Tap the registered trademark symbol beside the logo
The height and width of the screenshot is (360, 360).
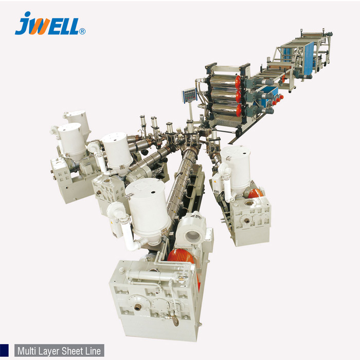(x=82, y=31)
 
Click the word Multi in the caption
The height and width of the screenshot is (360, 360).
(x=27, y=351)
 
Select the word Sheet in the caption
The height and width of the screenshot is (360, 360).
(x=73, y=351)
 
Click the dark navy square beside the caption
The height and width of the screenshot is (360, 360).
(x=4, y=351)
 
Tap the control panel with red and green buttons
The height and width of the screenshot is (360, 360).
(x=190, y=95)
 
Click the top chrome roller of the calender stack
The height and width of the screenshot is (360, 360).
(x=224, y=81)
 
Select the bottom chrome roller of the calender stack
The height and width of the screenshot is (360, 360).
(x=225, y=110)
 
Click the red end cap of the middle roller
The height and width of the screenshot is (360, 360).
(x=239, y=96)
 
